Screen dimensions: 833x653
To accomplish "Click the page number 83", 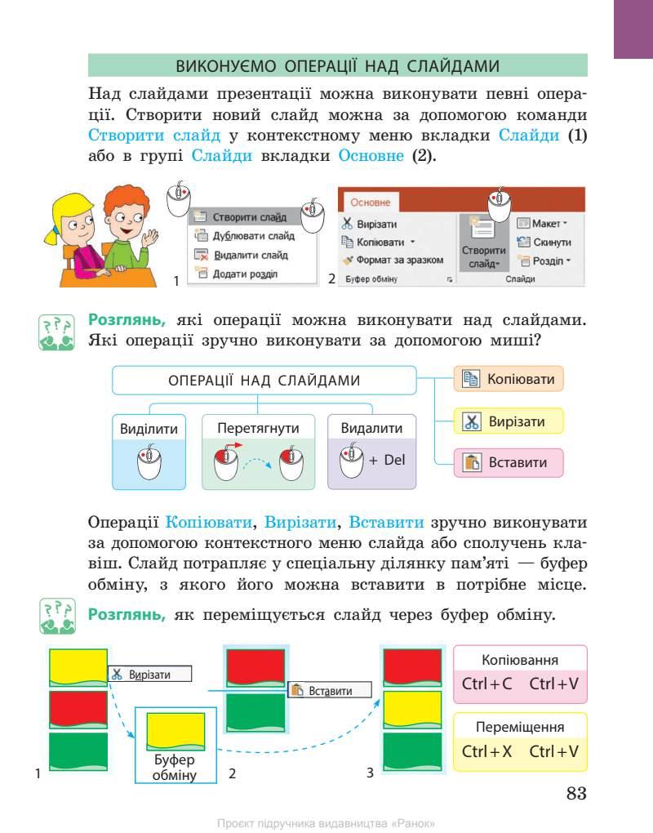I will (576, 794).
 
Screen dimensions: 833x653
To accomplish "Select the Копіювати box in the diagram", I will (509, 379).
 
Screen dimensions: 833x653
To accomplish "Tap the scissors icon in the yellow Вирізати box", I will (472, 422).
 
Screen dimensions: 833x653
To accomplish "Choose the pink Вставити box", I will (509, 462).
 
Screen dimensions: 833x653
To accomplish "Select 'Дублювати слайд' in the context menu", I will (253, 236).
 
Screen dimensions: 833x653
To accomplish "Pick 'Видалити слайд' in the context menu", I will (250, 255).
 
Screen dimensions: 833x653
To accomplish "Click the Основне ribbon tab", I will (370, 203).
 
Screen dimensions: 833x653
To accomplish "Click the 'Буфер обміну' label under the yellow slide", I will (175, 768).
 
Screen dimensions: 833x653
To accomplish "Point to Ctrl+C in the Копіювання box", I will (486, 683).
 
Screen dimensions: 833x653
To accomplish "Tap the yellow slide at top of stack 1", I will (78, 667).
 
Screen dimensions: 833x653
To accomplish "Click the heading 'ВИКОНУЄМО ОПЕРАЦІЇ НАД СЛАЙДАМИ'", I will (337, 65).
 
